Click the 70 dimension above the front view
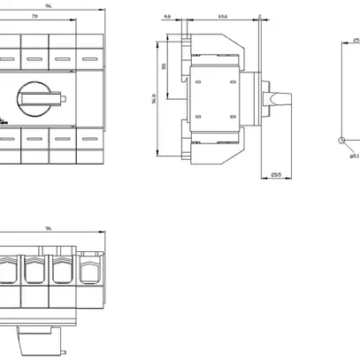[34, 17]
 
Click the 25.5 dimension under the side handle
[276, 177]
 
